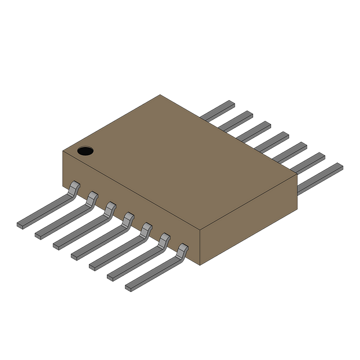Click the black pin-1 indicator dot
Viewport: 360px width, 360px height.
tap(85, 151)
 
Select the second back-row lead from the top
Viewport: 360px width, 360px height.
tap(236, 120)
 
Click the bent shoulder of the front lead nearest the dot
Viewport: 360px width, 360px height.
tap(74, 189)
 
